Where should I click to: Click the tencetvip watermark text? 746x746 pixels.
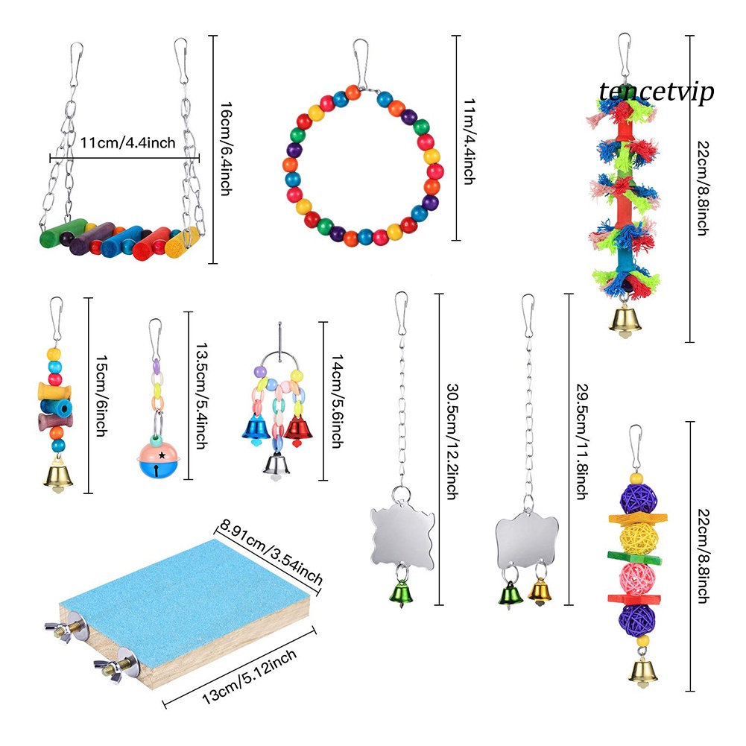(656, 92)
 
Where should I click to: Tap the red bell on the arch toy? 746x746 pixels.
(297, 427)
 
